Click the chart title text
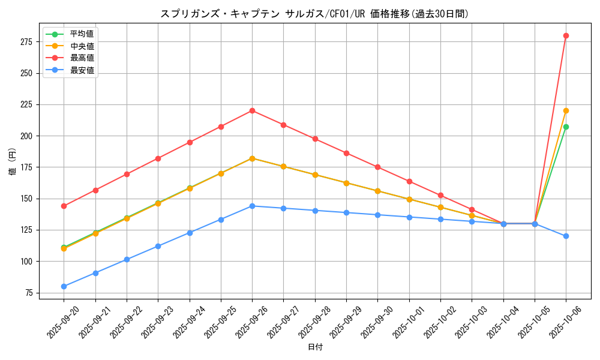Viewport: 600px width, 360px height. coord(314,14)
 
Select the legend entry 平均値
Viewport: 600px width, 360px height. coord(82,34)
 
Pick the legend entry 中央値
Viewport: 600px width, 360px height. coord(82,46)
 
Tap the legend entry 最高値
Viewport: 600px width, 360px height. coord(82,58)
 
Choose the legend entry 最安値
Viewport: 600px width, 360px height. coord(82,70)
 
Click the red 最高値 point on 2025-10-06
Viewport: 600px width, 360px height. coord(566,35)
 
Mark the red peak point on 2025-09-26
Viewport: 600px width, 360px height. coord(252,110)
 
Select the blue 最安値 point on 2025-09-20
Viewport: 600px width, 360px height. coord(64,286)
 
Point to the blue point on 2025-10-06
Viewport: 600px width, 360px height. coord(566,236)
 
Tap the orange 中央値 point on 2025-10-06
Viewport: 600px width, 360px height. coord(566,110)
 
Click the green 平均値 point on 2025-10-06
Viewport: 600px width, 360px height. coord(566,127)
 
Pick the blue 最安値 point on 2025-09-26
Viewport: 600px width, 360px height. coord(252,206)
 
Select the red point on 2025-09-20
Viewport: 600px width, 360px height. coord(64,206)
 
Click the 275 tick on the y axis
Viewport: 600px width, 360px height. coord(26,42)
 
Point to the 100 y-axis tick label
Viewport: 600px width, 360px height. coord(26,262)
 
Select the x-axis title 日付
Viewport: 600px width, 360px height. coord(315,347)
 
